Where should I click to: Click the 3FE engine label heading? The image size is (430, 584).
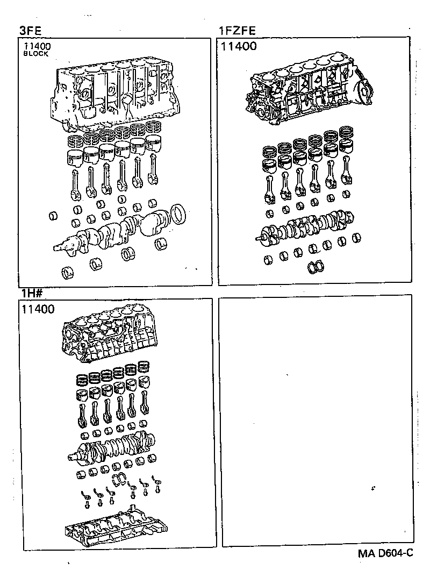click(31, 31)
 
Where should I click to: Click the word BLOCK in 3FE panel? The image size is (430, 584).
click(36, 54)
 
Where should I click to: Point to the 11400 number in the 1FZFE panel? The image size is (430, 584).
click(239, 47)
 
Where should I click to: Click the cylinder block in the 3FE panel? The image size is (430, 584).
click(113, 94)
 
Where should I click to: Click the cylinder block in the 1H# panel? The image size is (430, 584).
click(107, 336)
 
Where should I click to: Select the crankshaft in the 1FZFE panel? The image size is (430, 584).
click(306, 226)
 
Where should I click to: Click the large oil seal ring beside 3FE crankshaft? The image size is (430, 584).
click(176, 214)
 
